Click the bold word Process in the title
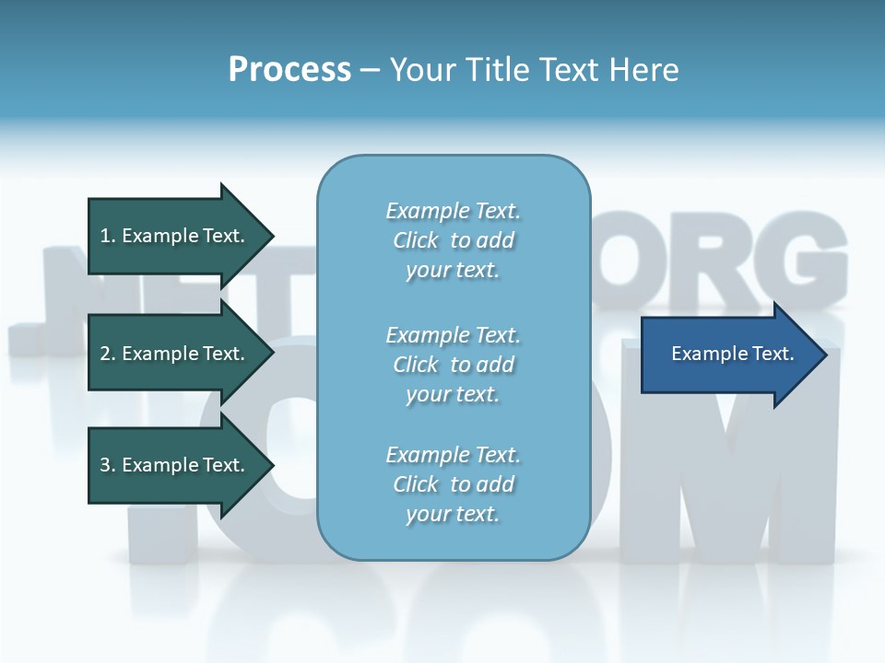[289, 70]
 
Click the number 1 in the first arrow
[105, 236]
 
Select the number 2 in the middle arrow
[105, 354]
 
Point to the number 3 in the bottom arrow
[105, 465]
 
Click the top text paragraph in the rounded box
[453, 240]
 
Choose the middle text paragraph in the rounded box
[453, 365]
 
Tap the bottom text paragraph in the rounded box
[453, 484]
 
